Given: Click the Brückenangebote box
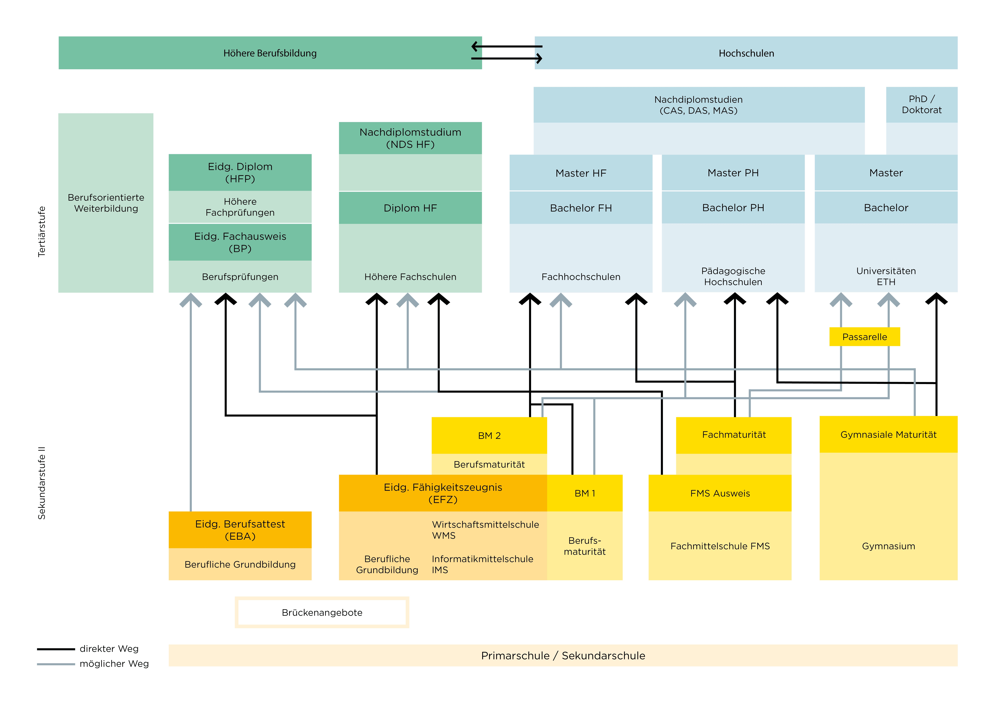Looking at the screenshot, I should point(322,612).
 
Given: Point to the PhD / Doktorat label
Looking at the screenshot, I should point(921,105).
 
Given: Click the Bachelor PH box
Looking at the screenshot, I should point(733,208).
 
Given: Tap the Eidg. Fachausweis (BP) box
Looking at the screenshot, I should point(240,242).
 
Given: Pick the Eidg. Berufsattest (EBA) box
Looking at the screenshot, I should point(240,530).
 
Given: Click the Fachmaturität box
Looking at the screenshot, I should point(734,435).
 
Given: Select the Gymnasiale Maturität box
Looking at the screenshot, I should point(888,434).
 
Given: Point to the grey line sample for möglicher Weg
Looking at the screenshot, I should point(56,664).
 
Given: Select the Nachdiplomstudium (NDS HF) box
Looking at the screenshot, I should point(410,138).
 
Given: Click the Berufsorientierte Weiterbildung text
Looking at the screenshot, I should point(106,203).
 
